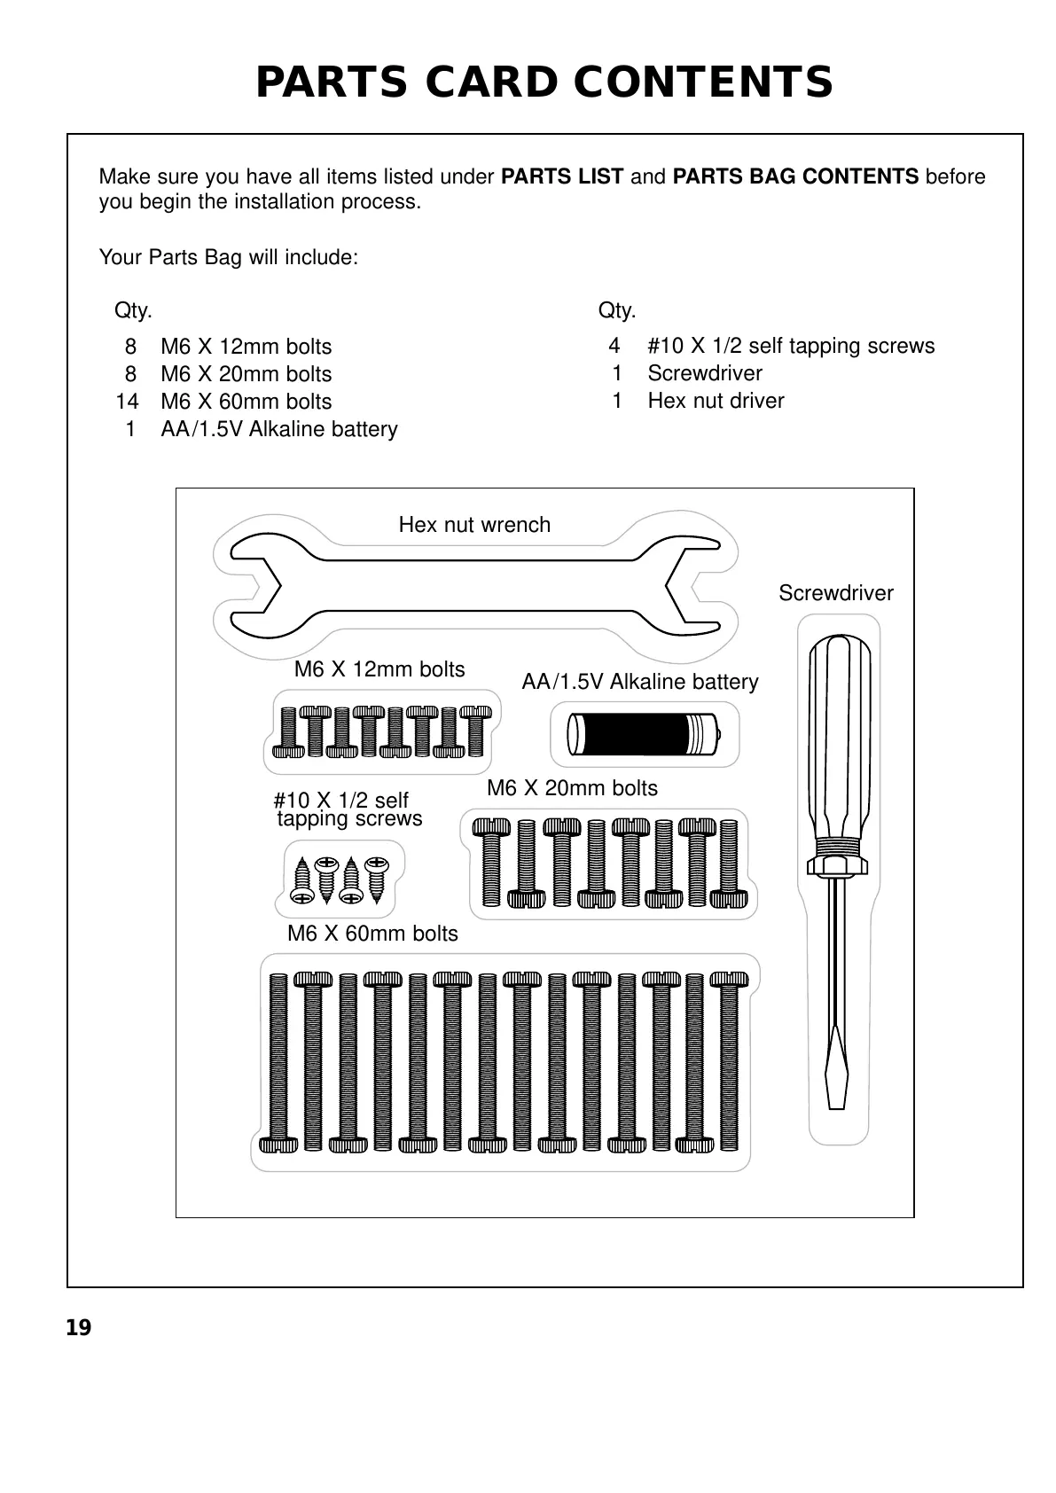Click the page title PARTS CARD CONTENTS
pos(544,82)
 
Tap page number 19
pos(78,1327)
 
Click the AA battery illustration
pos(644,734)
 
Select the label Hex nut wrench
pos(474,525)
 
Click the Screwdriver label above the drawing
pos(835,593)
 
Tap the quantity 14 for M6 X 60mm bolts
pos(127,402)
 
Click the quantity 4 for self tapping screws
pos(614,346)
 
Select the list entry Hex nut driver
pos(716,401)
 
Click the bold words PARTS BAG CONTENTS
pos(795,176)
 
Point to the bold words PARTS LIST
pos(562,176)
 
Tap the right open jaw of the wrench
pos(697,586)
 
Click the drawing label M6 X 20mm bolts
pos(572,788)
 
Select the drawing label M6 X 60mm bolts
pos(372,934)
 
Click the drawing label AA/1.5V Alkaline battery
pos(639,682)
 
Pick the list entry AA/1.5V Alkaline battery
pos(278,429)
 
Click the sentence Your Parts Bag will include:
pos(229,258)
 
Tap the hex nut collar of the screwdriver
pos(835,862)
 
